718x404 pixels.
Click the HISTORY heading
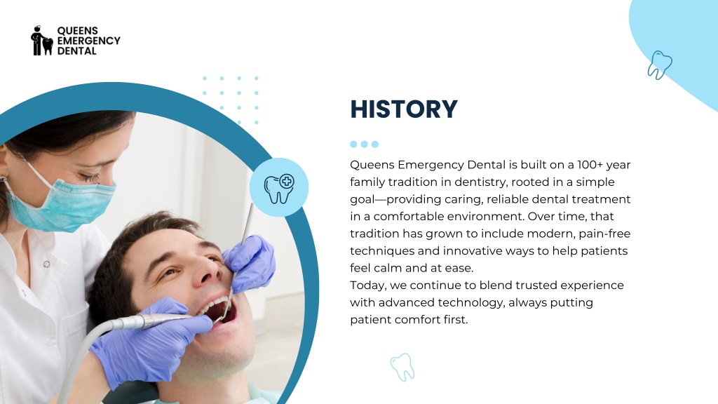(x=404, y=109)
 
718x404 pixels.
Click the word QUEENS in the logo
(x=77, y=31)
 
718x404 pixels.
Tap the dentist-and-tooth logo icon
(x=41, y=41)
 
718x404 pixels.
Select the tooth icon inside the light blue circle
(x=279, y=188)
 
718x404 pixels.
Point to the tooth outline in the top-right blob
(x=659, y=65)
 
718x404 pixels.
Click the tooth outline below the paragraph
(x=402, y=368)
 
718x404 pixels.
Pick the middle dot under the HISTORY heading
(x=364, y=144)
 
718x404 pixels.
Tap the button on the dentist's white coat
(x=47, y=264)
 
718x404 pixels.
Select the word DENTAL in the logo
(x=77, y=50)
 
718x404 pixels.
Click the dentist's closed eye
(x=90, y=177)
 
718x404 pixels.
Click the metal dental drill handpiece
(x=151, y=321)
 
